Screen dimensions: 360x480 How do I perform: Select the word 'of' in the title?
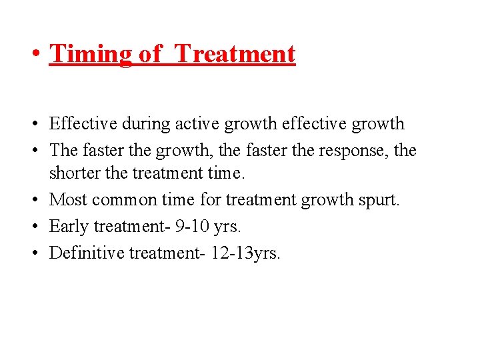[x=150, y=53]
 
